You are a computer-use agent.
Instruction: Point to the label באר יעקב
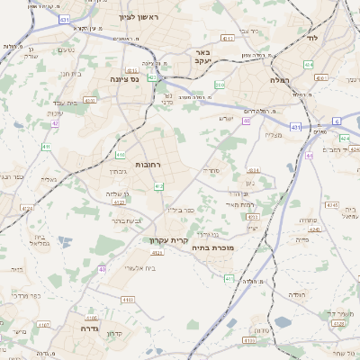tap(202, 57)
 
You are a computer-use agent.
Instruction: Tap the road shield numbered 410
tap(119, 155)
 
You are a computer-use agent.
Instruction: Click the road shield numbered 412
tap(158, 185)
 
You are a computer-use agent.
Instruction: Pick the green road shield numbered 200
tap(220, 85)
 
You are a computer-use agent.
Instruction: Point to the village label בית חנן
tap(68, 74)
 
